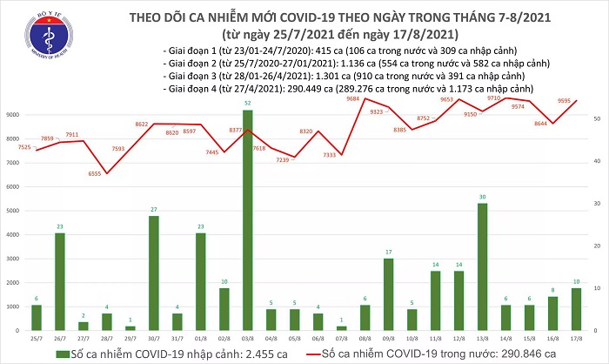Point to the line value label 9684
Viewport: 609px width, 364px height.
[352, 99]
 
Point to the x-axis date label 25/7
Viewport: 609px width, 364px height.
[37, 338]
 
